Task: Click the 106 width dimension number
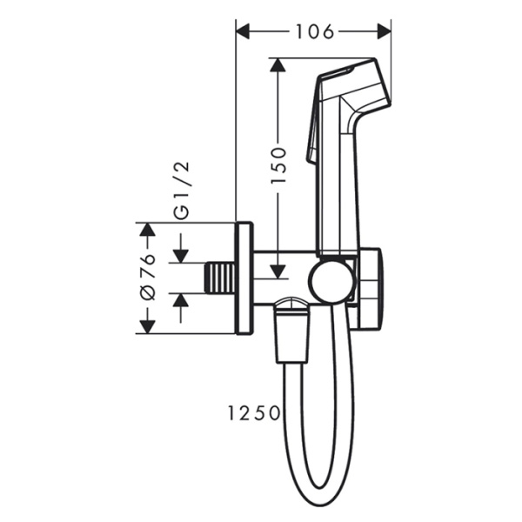tap(314, 32)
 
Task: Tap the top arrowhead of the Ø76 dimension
tap(147, 231)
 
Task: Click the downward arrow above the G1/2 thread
tap(181, 255)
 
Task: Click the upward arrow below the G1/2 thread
tap(181, 300)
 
